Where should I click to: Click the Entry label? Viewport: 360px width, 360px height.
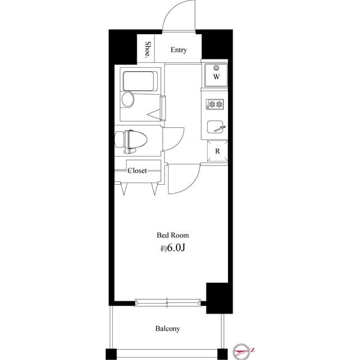pos(178,50)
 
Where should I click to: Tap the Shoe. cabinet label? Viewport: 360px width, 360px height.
pos(148,50)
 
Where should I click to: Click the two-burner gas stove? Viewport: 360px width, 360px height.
pos(215,104)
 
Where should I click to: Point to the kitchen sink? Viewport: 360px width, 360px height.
pos(215,127)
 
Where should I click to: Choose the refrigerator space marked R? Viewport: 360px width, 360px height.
pos(216,151)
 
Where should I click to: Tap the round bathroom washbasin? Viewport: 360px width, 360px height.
pos(128,100)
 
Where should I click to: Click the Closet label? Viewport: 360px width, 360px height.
pos(137,170)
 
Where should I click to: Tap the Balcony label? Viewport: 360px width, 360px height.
pos(167,329)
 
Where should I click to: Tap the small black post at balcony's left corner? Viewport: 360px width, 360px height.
pos(110,352)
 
